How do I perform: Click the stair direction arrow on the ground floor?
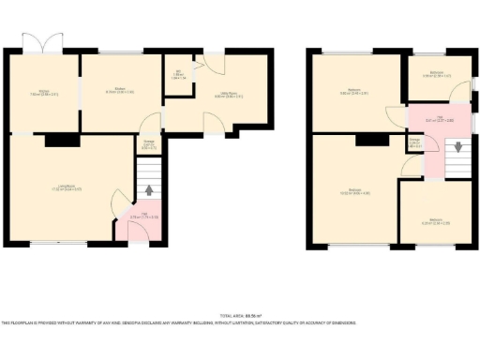(x=149, y=191)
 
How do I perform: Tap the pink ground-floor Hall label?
(x=137, y=217)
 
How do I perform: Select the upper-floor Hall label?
(x=432, y=119)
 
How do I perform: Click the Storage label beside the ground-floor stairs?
(x=148, y=145)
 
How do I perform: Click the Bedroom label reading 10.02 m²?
(x=354, y=191)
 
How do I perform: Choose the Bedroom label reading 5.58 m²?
(x=436, y=74)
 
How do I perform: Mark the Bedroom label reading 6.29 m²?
(x=435, y=221)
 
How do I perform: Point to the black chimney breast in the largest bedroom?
(x=372, y=140)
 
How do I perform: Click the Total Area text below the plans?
(x=240, y=315)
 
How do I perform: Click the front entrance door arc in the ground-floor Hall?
(x=137, y=231)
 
